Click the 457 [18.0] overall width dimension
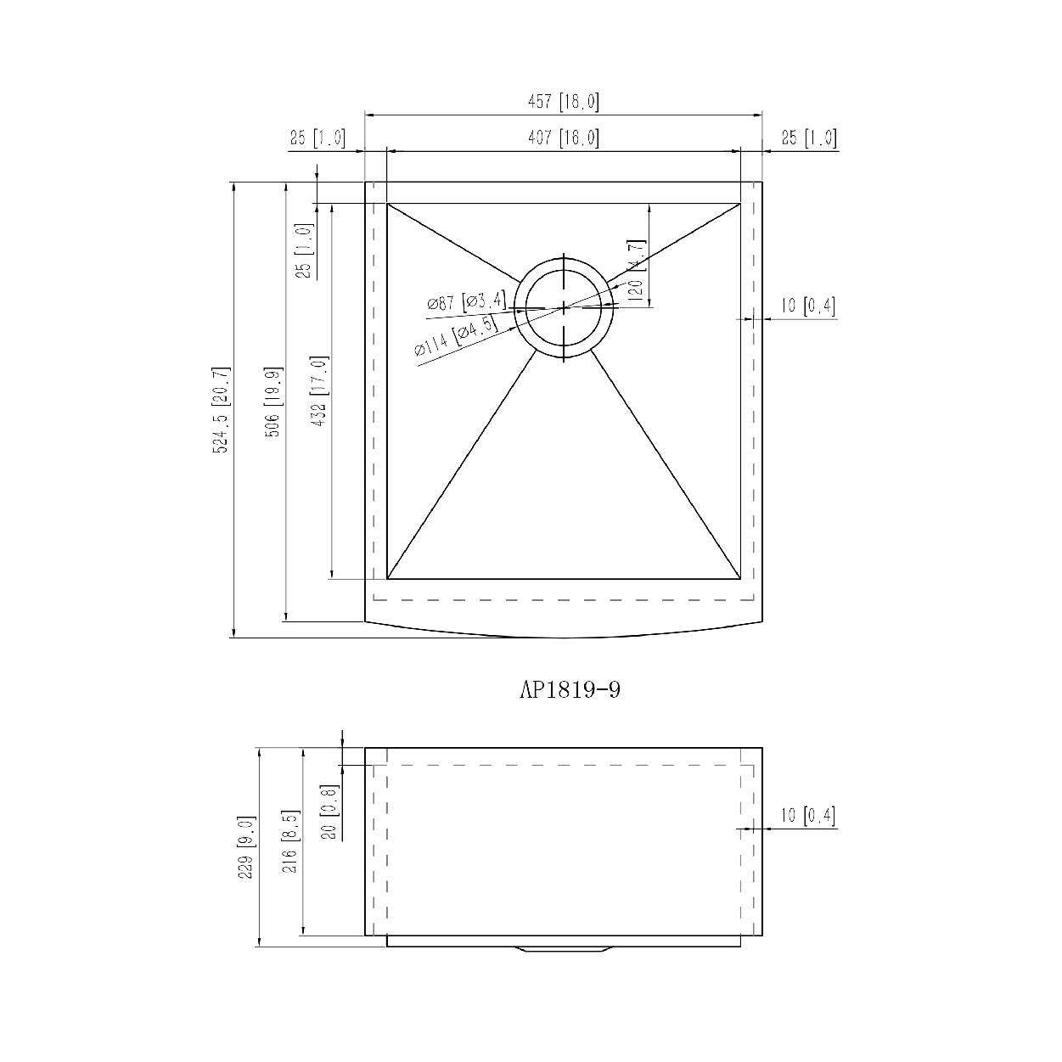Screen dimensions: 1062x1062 [x=564, y=103]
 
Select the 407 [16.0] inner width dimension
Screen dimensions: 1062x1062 [x=564, y=138]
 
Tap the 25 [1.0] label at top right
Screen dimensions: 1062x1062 [x=809, y=138]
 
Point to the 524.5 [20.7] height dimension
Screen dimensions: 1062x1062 [x=220, y=409]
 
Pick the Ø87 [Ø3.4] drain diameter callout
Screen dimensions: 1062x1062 [x=467, y=301]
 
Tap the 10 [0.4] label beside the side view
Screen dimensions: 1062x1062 [x=808, y=816]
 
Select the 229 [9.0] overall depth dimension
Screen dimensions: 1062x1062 [x=245, y=846]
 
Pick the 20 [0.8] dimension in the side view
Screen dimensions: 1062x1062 [x=329, y=811]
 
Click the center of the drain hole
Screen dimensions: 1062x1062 [x=564, y=308]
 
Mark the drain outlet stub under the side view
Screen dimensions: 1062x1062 [x=564, y=950]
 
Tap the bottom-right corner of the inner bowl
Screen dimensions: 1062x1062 [x=740, y=579]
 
